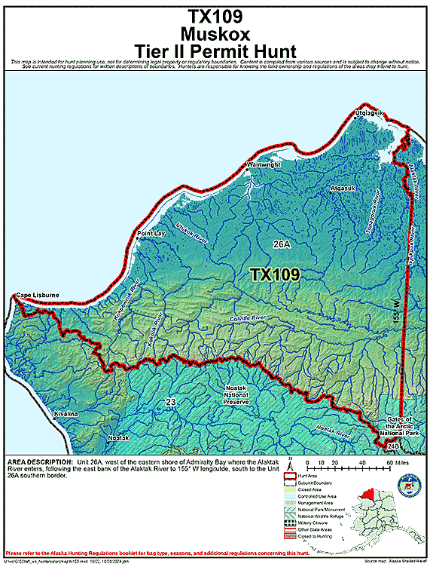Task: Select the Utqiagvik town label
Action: (369, 113)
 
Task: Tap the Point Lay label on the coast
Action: (151, 234)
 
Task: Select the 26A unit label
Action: (282, 244)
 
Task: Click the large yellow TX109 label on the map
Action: (275, 274)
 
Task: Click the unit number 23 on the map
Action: (171, 403)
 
